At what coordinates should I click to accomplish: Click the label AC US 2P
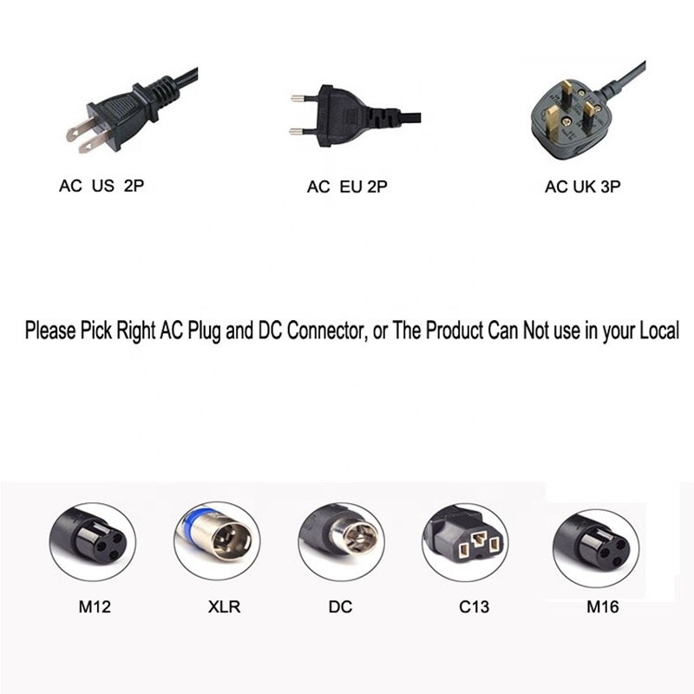coord(101,186)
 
